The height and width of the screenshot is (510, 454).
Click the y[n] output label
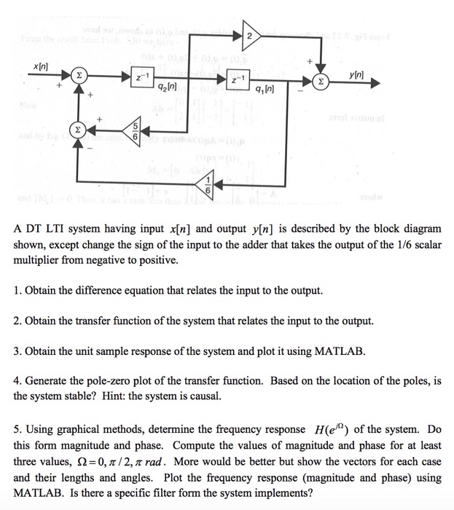(356, 74)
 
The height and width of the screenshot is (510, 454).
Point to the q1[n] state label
(265, 90)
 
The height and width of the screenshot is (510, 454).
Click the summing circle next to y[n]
(318, 82)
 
